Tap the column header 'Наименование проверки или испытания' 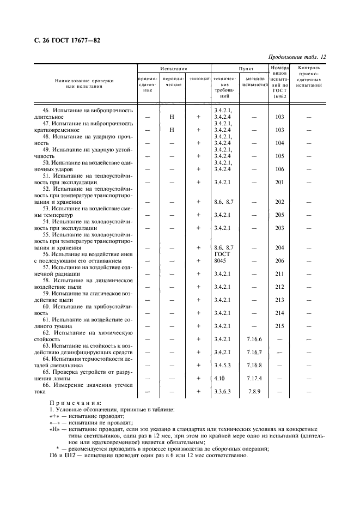(x=84, y=83)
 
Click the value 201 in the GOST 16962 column (x=280, y=182)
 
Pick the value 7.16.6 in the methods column (x=254, y=339)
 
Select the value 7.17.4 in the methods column (x=254, y=378)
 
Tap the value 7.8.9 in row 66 (x=254, y=391)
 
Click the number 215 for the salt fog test (x=280, y=326)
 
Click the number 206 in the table (x=280, y=260)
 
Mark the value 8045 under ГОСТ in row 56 (x=220, y=260)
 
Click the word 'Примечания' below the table (x=75, y=403)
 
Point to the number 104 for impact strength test (x=280, y=143)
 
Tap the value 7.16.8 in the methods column (x=254, y=365)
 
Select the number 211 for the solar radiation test (x=280, y=274)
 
